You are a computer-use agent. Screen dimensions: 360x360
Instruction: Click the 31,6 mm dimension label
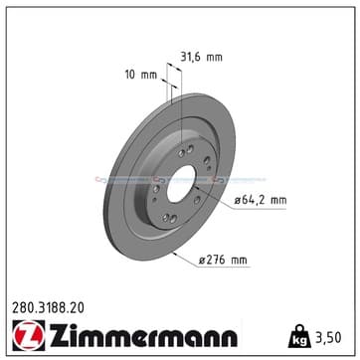click(x=201, y=58)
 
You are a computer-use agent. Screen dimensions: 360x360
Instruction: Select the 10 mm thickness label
click(x=141, y=75)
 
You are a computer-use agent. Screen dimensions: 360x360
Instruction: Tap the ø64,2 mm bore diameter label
click(x=261, y=200)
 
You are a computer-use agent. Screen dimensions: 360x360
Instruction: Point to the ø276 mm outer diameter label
click(x=223, y=261)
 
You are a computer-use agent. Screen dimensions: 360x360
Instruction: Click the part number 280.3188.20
click(x=48, y=308)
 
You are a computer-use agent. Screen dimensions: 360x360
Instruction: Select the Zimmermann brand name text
click(x=143, y=335)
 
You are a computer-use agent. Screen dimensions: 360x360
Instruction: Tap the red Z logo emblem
click(x=29, y=335)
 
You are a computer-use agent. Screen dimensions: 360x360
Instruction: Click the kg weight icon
click(x=299, y=336)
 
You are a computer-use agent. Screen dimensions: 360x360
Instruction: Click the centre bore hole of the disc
click(x=181, y=184)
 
